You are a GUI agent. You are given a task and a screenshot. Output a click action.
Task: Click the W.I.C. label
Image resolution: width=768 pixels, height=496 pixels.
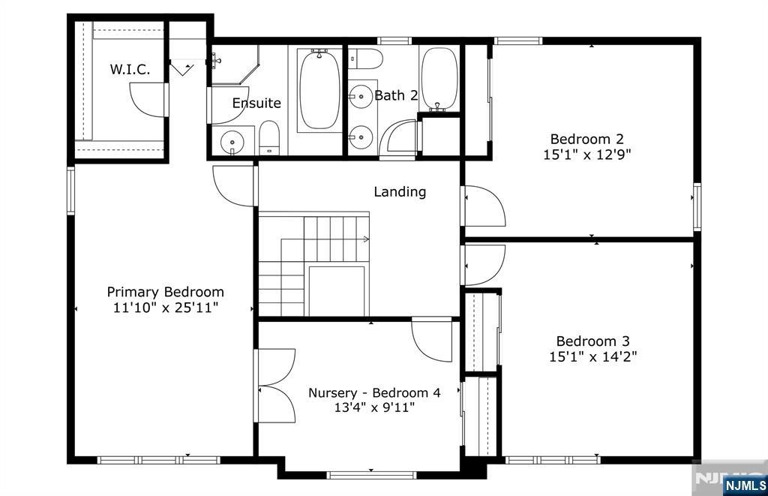click(130, 69)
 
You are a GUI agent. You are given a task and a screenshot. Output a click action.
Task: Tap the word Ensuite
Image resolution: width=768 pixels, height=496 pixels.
click(256, 103)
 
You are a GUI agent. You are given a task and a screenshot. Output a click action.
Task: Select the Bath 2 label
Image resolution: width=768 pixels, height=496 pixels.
click(395, 95)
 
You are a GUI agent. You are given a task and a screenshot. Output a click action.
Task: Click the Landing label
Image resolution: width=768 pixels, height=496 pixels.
click(400, 191)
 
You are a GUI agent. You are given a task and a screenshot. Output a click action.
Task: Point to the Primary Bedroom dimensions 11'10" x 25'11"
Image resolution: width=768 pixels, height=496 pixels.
click(165, 308)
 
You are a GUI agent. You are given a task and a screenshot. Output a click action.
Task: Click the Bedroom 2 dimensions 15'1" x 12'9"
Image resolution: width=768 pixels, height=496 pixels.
click(586, 155)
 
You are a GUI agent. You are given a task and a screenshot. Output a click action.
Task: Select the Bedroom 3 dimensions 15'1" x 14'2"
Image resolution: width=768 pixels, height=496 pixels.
click(592, 356)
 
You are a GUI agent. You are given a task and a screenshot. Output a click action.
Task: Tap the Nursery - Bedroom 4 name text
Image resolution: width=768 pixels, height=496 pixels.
click(374, 392)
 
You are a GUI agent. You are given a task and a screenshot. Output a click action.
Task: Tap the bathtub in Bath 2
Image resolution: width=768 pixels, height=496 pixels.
click(439, 80)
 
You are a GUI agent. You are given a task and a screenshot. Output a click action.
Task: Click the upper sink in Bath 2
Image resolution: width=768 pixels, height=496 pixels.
click(361, 96)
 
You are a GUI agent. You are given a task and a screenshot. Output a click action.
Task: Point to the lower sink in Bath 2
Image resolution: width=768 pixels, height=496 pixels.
click(361, 137)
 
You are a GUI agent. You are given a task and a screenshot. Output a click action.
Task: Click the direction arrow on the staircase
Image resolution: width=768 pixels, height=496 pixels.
click(365, 239)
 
